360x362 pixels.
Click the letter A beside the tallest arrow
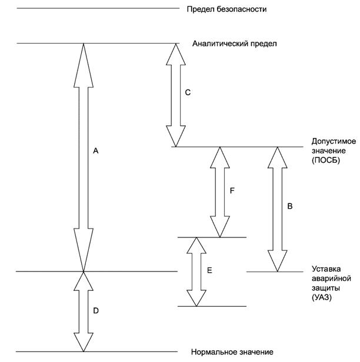[96, 151]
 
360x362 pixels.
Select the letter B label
[290, 206]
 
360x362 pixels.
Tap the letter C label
[188, 92]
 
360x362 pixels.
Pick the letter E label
[209, 271]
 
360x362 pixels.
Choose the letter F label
[233, 190]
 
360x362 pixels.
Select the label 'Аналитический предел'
[234, 43]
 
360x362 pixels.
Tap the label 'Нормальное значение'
[232, 353]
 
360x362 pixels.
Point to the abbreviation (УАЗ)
[322, 298]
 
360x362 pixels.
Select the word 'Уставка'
[325, 269]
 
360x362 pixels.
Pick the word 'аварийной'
[331, 279]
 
